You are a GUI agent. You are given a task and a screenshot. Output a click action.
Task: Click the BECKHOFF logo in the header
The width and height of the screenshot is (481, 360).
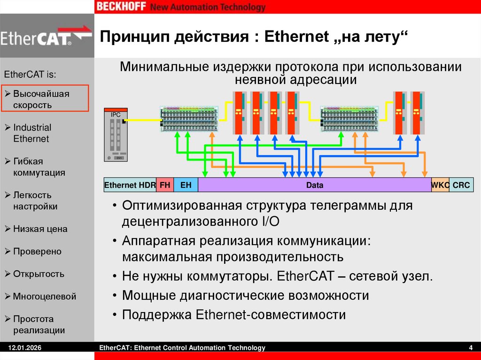(x=121, y=7)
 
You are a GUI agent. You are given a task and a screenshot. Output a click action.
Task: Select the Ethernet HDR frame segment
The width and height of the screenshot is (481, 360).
(x=130, y=185)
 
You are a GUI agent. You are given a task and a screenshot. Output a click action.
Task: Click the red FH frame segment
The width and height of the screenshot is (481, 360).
(x=165, y=185)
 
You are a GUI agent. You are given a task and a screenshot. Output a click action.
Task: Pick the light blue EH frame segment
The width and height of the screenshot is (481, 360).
(x=186, y=185)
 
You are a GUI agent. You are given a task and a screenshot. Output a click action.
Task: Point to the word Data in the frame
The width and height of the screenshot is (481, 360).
(x=315, y=185)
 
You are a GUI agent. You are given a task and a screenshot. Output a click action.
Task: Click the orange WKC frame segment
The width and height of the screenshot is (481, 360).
(x=440, y=185)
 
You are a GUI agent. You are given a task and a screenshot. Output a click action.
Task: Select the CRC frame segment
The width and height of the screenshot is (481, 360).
(x=461, y=185)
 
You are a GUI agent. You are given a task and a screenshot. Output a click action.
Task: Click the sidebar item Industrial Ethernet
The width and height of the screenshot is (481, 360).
(x=32, y=133)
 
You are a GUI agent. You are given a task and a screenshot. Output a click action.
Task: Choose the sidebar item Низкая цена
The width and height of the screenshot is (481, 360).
(x=40, y=229)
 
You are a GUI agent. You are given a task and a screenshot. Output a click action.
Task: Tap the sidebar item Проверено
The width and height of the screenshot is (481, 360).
(x=37, y=252)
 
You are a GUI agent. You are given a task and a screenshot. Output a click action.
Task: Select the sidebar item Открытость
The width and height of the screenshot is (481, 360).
(x=39, y=274)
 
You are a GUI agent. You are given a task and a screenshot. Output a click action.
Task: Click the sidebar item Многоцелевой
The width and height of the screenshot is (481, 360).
(x=44, y=297)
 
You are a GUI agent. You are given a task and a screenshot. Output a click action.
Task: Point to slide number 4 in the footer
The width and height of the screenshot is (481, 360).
(x=470, y=348)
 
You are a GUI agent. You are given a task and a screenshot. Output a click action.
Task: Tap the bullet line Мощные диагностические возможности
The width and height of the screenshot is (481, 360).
(x=245, y=296)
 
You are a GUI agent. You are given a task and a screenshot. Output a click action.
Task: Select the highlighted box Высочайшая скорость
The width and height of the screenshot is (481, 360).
(x=45, y=99)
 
